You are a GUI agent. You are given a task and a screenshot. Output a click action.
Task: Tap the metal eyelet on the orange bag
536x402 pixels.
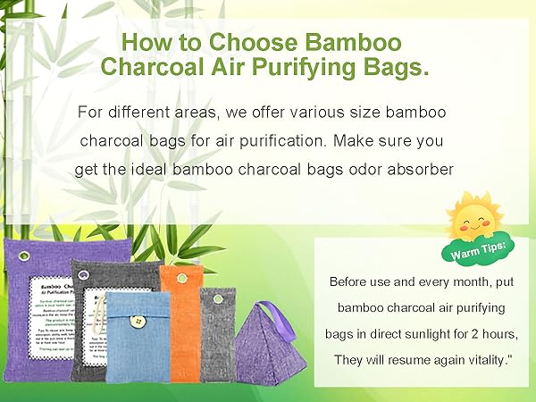click(181, 277)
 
